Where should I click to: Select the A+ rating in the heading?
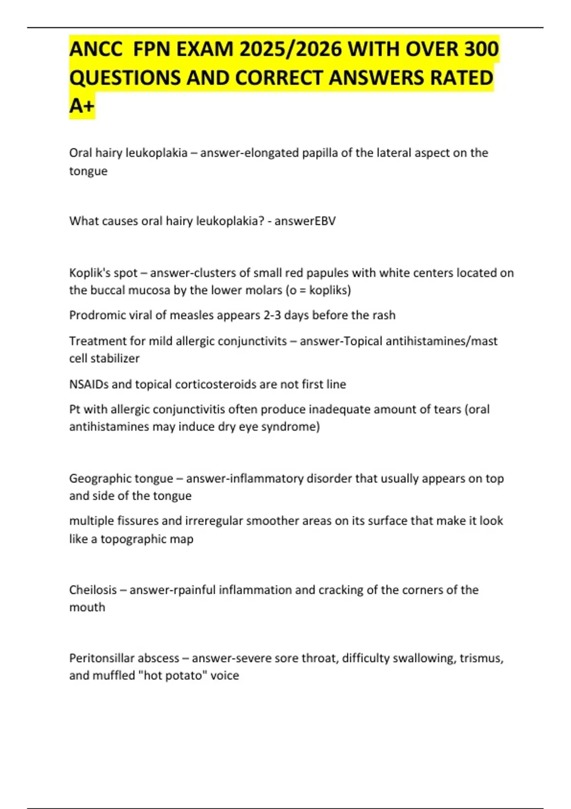tap(82, 106)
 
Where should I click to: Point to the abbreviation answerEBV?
tap(305, 221)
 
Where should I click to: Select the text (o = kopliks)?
tap(318, 290)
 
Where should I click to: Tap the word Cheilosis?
tap(93, 590)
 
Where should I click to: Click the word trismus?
tap(481, 658)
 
